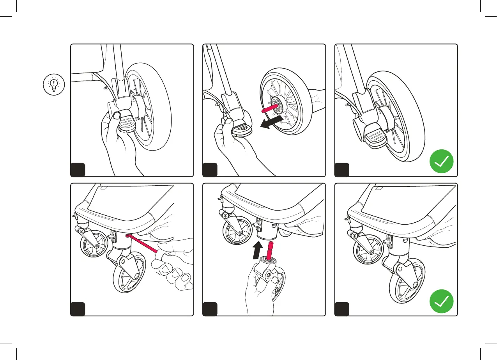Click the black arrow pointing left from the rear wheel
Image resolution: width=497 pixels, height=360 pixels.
click(271, 122)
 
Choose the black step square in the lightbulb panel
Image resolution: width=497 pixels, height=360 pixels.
click(78, 170)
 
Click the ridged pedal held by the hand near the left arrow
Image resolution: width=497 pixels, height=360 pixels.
click(242, 129)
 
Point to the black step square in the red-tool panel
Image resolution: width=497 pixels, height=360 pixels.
click(78, 309)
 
